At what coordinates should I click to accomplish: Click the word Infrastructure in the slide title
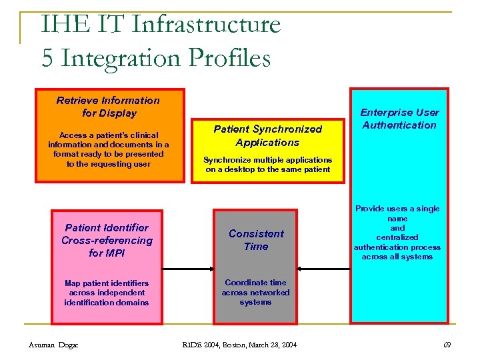207,25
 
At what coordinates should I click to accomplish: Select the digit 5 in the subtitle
47,58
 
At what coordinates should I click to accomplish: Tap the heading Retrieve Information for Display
108,107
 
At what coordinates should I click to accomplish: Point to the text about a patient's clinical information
108,149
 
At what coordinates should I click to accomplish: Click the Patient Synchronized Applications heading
267,135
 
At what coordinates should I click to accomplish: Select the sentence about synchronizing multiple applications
267,165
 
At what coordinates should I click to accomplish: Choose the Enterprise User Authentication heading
399,119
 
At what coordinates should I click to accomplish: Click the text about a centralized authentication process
397,233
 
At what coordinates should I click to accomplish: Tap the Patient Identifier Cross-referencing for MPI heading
107,241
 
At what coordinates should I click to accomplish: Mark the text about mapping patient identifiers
107,293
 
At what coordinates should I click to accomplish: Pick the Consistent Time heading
256,240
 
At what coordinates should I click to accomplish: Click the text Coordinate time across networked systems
256,292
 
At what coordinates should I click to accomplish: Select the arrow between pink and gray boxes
187,269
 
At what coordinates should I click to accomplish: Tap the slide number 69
447,344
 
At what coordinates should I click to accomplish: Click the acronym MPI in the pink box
115,253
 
